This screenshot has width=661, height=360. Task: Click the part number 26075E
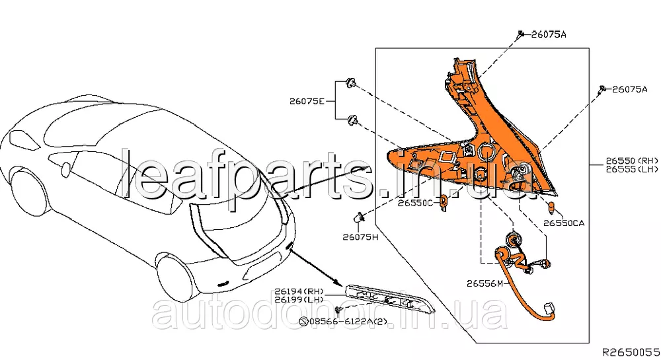[306, 102]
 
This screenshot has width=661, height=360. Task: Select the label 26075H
[360, 236]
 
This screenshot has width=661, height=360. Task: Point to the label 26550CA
[564, 223]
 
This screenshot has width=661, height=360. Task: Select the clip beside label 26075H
[360, 217]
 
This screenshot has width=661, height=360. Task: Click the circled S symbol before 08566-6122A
[305, 322]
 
